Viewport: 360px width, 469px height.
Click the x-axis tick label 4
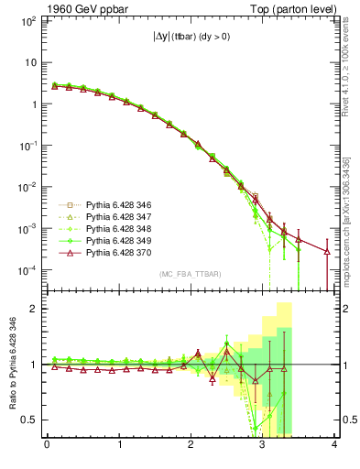(x=335, y=446)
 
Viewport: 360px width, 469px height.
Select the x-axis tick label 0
(x=47, y=446)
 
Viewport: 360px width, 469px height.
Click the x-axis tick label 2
(x=191, y=446)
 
